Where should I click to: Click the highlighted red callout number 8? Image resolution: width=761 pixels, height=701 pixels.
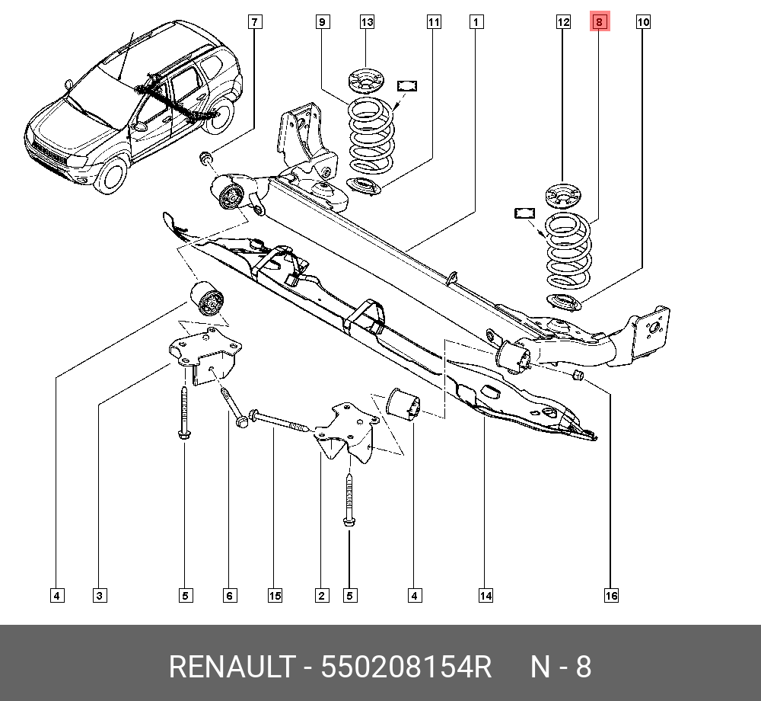tap(599, 23)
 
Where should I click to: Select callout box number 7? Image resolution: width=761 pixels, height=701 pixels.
tap(254, 23)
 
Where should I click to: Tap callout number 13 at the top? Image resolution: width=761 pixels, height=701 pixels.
tap(367, 23)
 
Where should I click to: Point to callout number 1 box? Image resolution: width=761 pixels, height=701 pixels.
tap(476, 23)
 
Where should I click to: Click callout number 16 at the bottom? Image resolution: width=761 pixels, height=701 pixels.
tap(611, 595)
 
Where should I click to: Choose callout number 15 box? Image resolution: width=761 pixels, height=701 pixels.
tap(275, 595)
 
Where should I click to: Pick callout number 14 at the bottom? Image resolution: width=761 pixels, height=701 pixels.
tap(486, 595)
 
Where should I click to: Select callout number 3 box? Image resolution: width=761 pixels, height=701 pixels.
tap(100, 595)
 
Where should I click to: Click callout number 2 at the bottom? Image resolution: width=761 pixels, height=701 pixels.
tap(322, 595)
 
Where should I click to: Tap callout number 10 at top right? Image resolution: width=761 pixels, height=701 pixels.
tap(643, 23)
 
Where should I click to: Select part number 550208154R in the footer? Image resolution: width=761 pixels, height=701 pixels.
tap(406, 667)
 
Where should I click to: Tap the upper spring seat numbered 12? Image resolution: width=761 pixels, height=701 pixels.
tap(563, 195)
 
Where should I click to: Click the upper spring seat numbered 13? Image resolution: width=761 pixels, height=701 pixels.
tap(367, 81)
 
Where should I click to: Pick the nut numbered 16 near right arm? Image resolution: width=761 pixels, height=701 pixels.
tap(577, 375)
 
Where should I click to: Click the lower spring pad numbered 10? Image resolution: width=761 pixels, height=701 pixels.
tap(565, 302)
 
